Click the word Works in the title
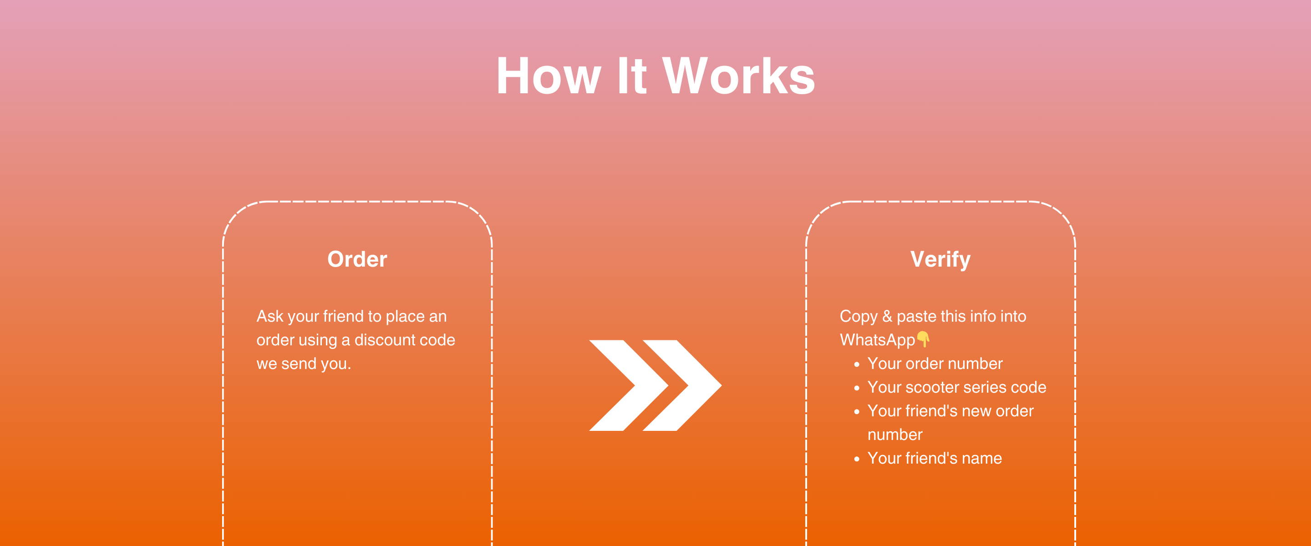pos(738,76)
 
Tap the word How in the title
pos(549,76)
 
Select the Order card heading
pos(357,259)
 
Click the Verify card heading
pos(940,259)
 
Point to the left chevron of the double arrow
pos(629,385)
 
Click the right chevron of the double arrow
pos(682,385)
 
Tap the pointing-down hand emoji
pos(923,339)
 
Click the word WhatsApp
pos(877,340)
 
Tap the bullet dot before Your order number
pos(857,364)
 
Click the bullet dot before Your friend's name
pos(857,459)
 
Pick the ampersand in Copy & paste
pos(887,316)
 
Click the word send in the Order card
pos(299,364)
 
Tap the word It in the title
pos(631,76)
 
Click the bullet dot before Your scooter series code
pos(857,388)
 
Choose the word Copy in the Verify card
pos(859,317)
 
